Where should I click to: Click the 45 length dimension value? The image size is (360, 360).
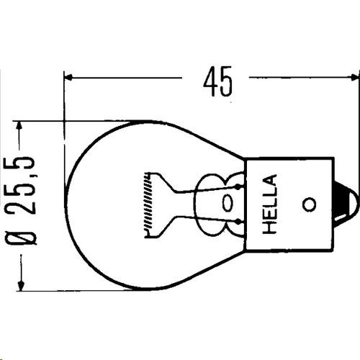(x=218, y=81)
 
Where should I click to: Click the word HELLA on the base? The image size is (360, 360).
(x=270, y=204)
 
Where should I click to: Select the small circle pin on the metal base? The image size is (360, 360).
(x=309, y=204)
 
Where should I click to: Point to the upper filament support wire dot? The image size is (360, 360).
(x=238, y=186)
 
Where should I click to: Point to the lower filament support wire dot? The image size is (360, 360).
(x=238, y=222)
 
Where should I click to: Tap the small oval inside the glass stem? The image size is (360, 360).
(x=228, y=203)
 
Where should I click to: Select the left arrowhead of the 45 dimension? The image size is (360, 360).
(x=68, y=77)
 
